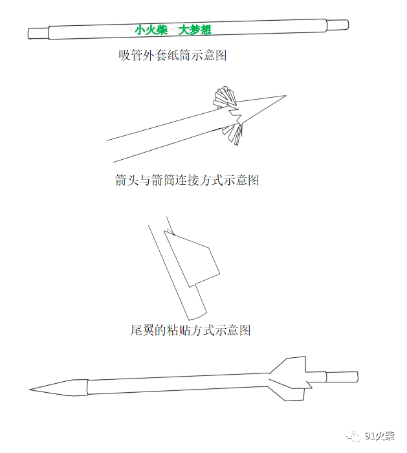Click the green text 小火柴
pyautogui.click(x=151, y=30)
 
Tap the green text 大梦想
pyautogui.click(x=195, y=30)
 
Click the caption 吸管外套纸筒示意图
pyautogui.click(x=173, y=55)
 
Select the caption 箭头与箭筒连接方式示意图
pyautogui.click(x=187, y=180)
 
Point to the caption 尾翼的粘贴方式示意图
pyautogui.click(x=190, y=330)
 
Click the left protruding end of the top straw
pyautogui.click(x=38, y=33)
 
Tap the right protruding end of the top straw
pyautogui.click(x=337, y=25)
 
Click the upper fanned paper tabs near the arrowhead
pyautogui.click(x=225, y=96)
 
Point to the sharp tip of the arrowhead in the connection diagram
pyautogui.click(x=286, y=96)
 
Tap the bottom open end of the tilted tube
pyautogui.click(x=198, y=316)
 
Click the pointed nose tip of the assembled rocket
pyautogui.click(x=30, y=390)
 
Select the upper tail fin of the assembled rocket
pyautogui.click(x=288, y=366)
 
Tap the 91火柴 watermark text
pyautogui.click(x=380, y=436)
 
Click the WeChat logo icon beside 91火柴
pyautogui.click(x=353, y=436)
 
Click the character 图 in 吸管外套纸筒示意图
pyautogui.click(x=221, y=55)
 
